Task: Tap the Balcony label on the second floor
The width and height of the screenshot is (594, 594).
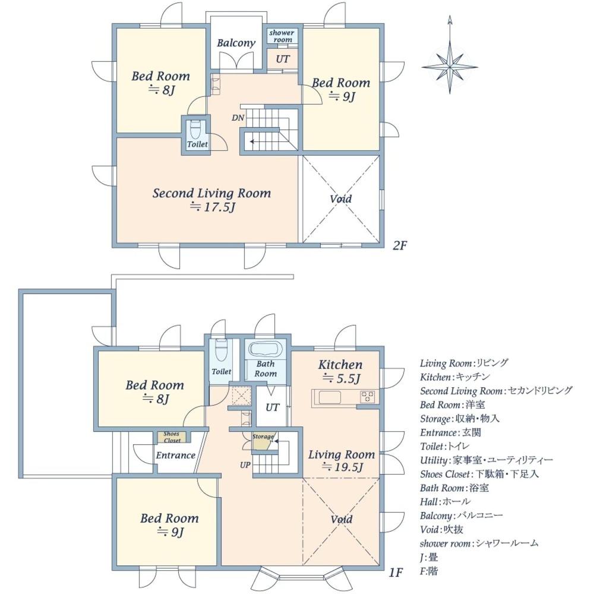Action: coord(236,43)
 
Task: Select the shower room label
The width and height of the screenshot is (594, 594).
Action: coord(282,36)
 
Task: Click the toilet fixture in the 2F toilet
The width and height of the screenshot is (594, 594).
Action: coord(195,129)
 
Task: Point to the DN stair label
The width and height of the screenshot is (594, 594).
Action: coord(238,118)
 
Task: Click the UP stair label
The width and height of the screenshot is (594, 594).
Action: coord(245,465)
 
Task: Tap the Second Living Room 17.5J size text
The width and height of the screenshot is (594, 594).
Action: coord(213,207)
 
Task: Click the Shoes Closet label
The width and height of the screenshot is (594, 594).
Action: coord(172,437)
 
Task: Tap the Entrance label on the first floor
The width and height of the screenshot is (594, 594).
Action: coord(175,455)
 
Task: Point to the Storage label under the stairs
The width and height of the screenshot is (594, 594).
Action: coord(263,437)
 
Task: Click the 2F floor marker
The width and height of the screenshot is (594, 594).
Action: coord(400,245)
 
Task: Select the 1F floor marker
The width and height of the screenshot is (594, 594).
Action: coord(396,571)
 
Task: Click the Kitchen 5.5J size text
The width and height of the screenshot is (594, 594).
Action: coord(341,378)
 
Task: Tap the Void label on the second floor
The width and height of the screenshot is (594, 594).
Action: coord(340,198)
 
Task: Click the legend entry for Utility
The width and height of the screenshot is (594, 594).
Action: coord(486,460)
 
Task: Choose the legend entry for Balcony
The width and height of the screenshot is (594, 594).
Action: coord(461,516)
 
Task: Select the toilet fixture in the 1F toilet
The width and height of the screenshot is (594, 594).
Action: coord(220,352)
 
